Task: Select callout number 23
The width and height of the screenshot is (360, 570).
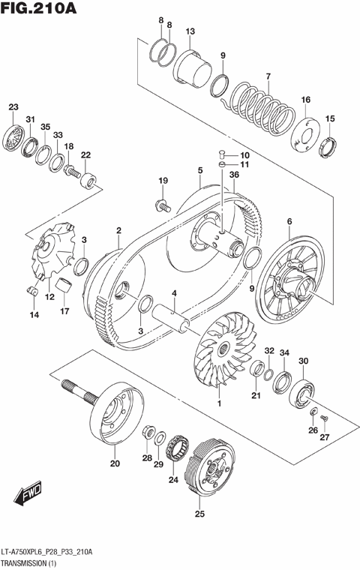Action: (x=13, y=107)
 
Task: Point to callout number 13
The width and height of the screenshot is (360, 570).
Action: (x=190, y=31)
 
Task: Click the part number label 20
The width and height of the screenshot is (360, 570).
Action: (x=114, y=463)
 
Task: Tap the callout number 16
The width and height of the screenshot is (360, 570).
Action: (x=305, y=100)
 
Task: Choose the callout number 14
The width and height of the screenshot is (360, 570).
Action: (x=33, y=315)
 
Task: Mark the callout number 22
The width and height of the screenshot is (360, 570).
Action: (x=85, y=154)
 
